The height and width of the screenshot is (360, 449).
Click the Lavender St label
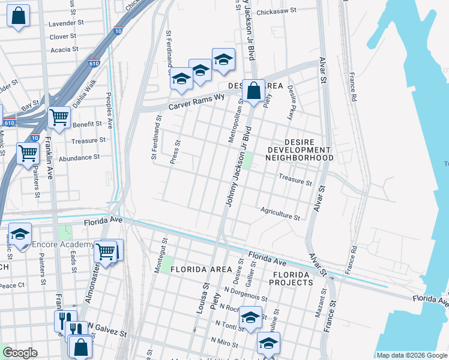click(x=67, y=23)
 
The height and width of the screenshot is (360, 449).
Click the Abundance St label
click(x=79, y=157)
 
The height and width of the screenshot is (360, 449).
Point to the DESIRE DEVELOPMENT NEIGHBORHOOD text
click(x=299, y=154)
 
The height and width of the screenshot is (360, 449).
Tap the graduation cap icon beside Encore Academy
click(x=20, y=235)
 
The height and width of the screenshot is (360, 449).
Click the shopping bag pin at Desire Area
click(x=254, y=92)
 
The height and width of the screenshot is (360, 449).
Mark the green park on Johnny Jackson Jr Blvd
click(x=247, y=160)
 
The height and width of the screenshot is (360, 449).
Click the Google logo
click(x=20, y=353)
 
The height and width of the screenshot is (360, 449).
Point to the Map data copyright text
click(x=412, y=355)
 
